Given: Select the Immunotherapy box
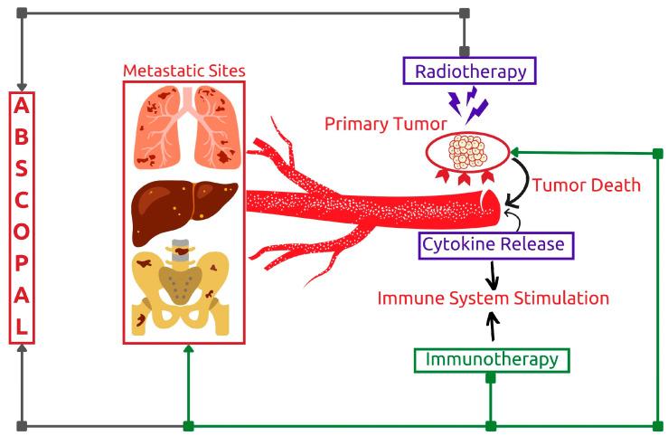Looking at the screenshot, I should (x=491, y=359).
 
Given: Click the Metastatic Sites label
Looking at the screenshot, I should (x=184, y=70).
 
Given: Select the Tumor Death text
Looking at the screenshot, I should (x=586, y=185).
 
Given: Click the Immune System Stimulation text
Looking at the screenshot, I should (x=493, y=298).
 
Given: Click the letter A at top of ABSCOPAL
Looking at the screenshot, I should (x=22, y=105).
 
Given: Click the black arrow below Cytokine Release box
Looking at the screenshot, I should (x=493, y=271).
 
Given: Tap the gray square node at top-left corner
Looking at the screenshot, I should (x=22, y=14).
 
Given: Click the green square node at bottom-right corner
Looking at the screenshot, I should (x=657, y=425).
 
